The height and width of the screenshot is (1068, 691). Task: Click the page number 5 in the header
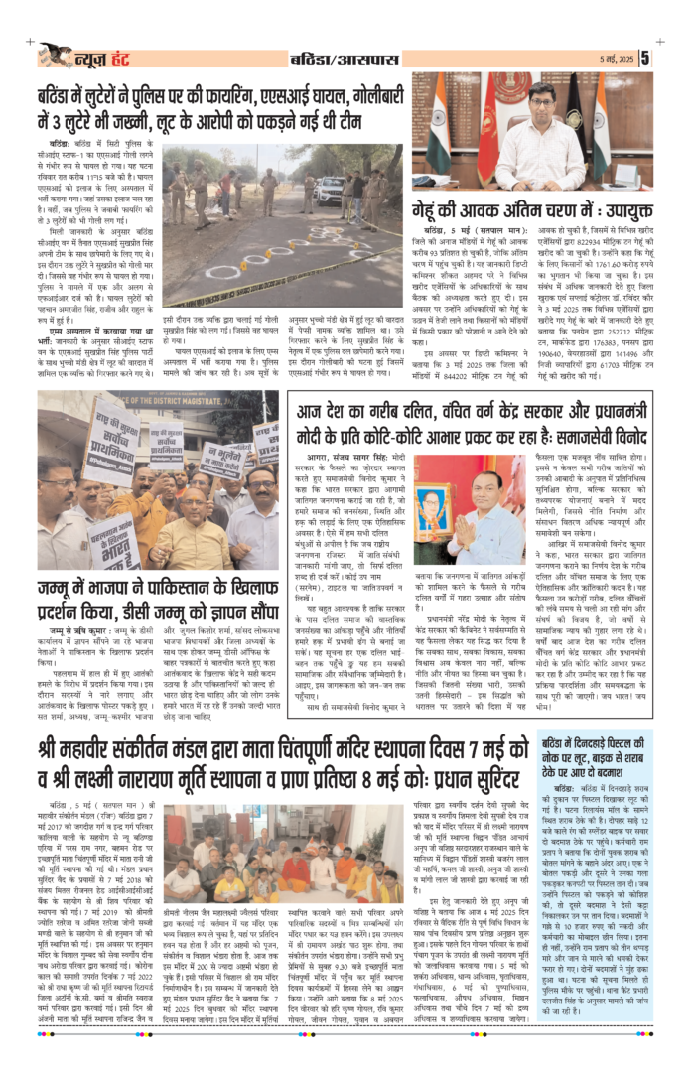(x=673, y=58)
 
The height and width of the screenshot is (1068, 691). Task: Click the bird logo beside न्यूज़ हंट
(x=58, y=55)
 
